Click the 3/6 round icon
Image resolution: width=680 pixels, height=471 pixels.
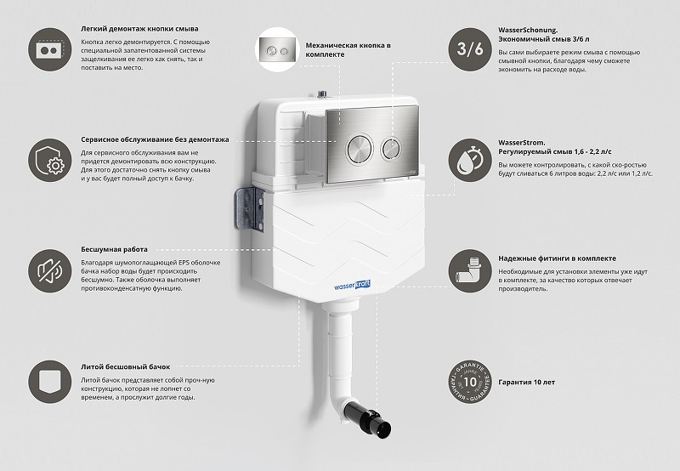pyautogui.click(x=470, y=49)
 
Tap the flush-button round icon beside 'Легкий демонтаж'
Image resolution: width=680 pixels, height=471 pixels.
pyautogui.click(x=50, y=49)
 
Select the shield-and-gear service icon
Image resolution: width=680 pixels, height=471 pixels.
pyautogui.click(x=50, y=160)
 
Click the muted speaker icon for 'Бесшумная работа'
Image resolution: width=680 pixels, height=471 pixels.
pyautogui.click(x=50, y=270)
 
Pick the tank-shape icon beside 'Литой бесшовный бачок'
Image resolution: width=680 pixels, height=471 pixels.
pyautogui.click(x=50, y=382)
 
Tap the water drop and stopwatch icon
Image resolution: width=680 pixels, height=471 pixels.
pyautogui.click(x=470, y=160)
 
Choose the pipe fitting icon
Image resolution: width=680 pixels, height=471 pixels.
pyautogui.click(x=470, y=270)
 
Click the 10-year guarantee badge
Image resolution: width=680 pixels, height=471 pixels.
pyautogui.click(x=470, y=382)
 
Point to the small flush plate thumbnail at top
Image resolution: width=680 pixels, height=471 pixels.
pyautogui.click(x=277, y=50)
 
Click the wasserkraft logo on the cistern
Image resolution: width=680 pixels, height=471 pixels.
pyautogui.click(x=352, y=286)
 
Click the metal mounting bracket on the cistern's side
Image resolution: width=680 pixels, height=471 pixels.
pyautogui.click(x=249, y=209)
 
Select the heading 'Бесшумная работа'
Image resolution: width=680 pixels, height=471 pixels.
pyautogui.click(x=114, y=249)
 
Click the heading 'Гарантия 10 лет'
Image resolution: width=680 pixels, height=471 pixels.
pyautogui.click(x=526, y=382)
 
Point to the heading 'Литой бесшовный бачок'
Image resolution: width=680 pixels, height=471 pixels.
pyautogui.click(x=125, y=367)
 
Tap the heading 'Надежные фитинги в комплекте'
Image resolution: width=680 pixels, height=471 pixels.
pyautogui.click(x=557, y=258)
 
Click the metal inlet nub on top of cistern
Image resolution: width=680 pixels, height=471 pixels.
pyautogui.click(x=322, y=94)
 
